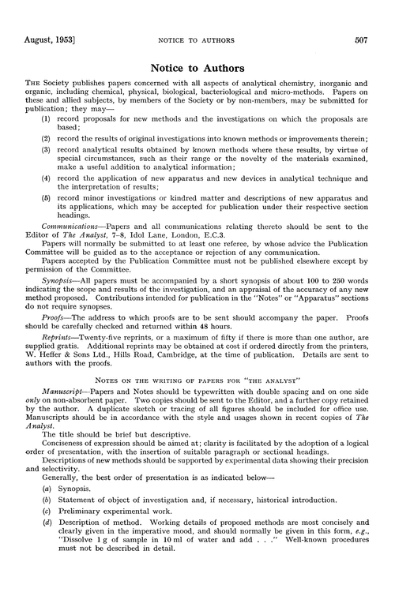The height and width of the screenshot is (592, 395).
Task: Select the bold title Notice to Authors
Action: coord(197,45)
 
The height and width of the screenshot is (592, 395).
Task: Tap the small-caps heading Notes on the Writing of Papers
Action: coord(197,443)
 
